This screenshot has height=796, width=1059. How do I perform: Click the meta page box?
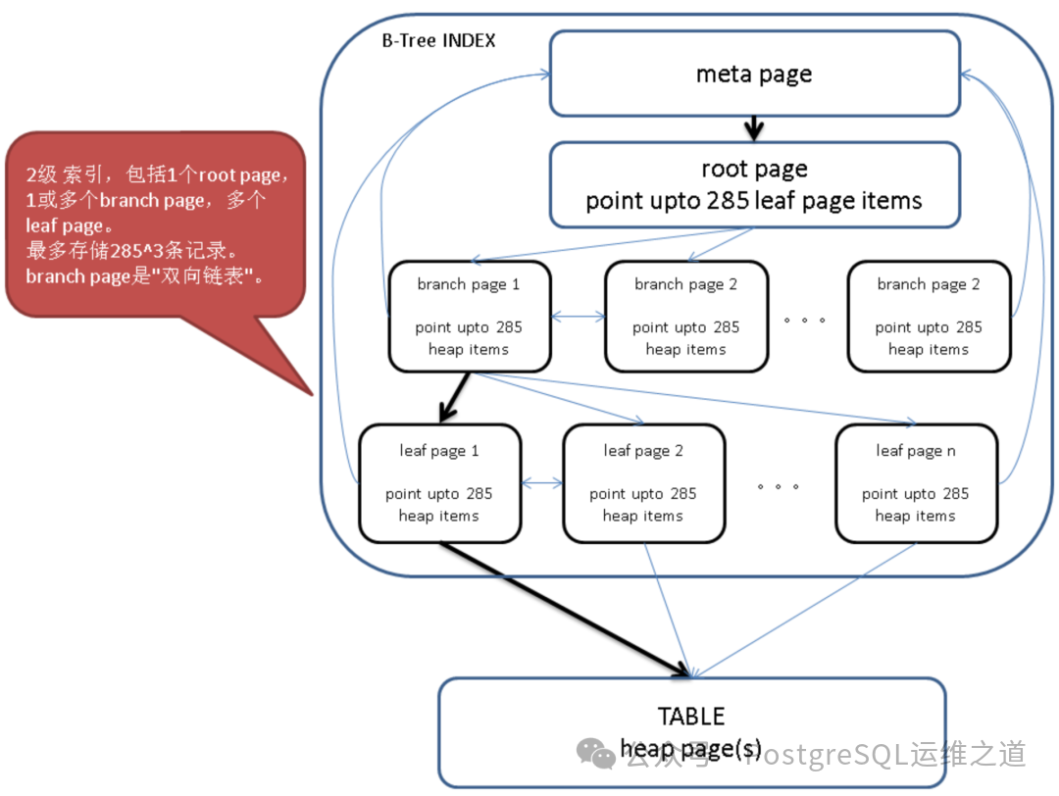(753, 74)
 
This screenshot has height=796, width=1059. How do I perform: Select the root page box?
(753, 184)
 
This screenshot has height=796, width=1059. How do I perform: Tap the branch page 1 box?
(469, 316)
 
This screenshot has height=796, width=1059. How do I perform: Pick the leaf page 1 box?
(439, 482)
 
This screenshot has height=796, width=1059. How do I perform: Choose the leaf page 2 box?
(643, 482)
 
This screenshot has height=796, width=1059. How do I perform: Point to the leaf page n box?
(916, 482)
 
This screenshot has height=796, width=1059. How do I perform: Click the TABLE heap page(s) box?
(691, 730)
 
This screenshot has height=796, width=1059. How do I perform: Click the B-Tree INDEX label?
(438, 41)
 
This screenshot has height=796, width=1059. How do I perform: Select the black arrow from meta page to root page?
(753, 128)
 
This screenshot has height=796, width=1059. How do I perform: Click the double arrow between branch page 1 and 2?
(578, 317)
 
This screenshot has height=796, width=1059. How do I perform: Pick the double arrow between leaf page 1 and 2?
(542, 483)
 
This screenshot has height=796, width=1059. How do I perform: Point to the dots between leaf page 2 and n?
(779, 486)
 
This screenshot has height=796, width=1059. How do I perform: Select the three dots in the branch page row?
(805, 320)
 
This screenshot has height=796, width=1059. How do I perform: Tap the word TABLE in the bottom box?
(691, 716)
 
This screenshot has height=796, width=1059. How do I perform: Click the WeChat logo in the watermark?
(596, 754)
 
